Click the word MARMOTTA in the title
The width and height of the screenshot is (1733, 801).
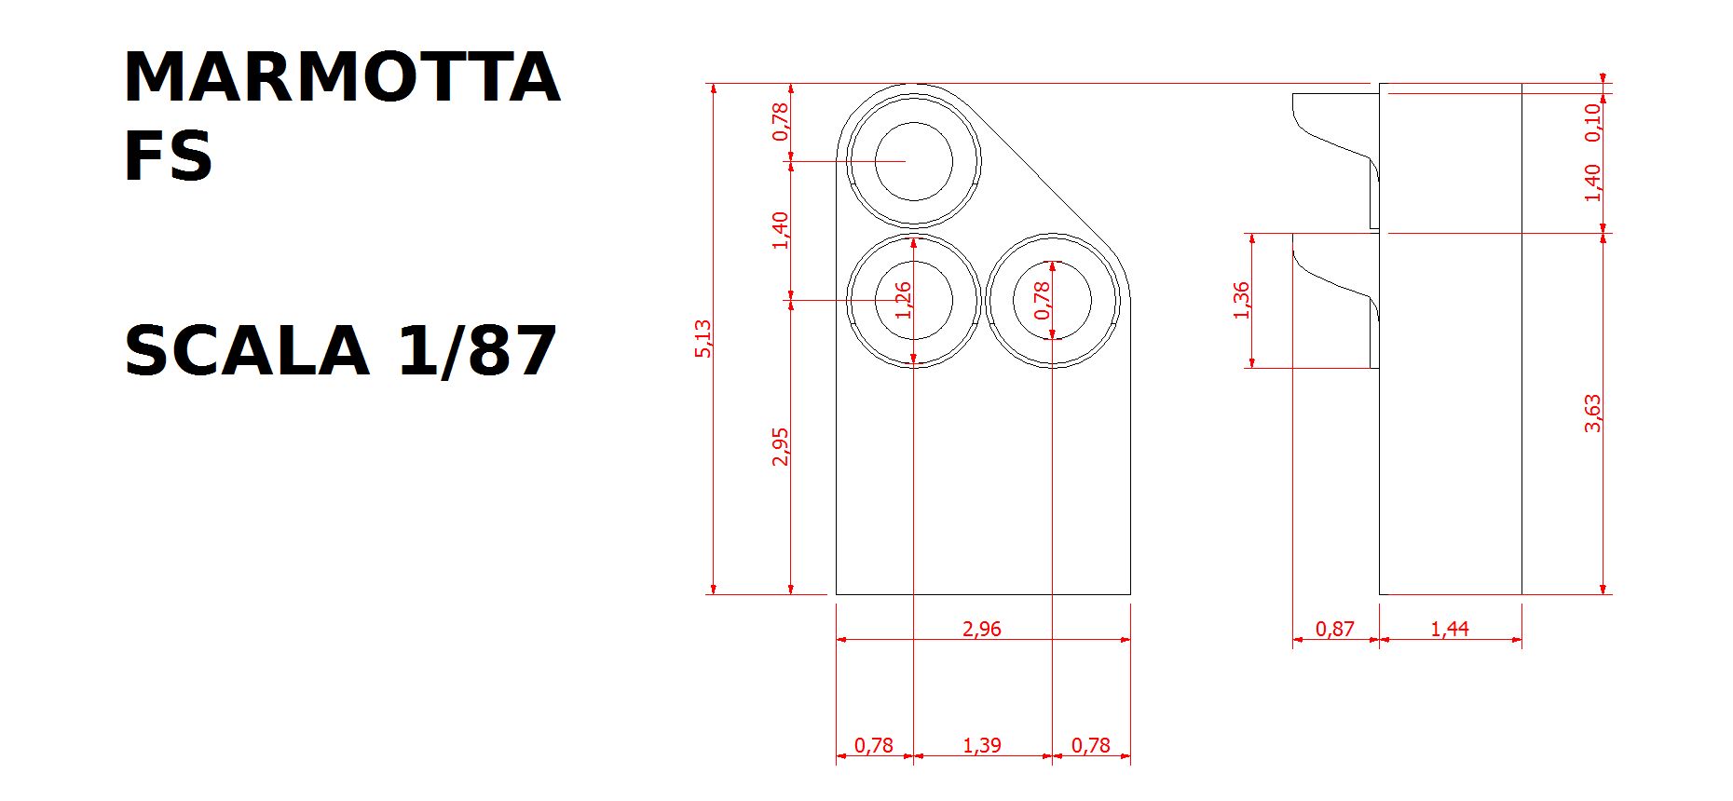(x=341, y=77)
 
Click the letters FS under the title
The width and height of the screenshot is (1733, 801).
(x=169, y=156)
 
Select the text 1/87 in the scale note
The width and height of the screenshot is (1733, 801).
(x=477, y=351)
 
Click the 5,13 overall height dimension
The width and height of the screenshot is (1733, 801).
(x=703, y=338)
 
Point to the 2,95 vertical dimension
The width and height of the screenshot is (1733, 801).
(x=780, y=446)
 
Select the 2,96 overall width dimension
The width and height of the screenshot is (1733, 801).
(x=981, y=629)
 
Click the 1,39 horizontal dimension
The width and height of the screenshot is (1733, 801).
(x=981, y=745)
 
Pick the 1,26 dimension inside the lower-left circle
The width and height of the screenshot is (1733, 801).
(x=902, y=300)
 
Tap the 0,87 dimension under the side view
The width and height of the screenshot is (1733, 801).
(x=1334, y=629)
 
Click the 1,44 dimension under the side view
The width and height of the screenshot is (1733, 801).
(x=1449, y=629)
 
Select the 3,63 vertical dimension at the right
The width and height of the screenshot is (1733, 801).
(x=1592, y=413)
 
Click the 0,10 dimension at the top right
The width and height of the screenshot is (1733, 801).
(x=1592, y=122)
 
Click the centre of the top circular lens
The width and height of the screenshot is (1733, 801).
(x=914, y=161)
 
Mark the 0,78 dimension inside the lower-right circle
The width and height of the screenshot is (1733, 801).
(x=1042, y=300)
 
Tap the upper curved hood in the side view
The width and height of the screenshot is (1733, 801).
(x=1332, y=141)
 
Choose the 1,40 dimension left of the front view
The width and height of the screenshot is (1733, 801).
(x=780, y=230)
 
